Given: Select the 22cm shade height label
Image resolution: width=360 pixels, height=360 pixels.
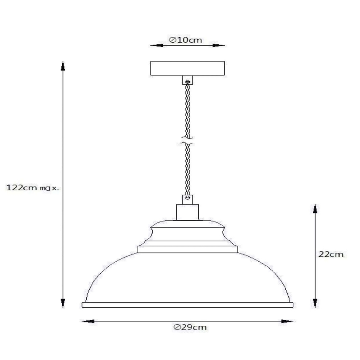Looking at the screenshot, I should (x=331, y=254).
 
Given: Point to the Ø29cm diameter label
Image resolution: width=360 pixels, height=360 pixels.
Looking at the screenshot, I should (x=190, y=327).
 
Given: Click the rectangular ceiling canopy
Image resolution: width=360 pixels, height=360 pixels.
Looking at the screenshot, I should (x=187, y=68).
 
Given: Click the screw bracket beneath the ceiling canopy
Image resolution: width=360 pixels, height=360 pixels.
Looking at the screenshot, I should (x=187, y=80).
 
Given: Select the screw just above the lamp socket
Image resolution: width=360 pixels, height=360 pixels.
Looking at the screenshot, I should (x=188, y=198).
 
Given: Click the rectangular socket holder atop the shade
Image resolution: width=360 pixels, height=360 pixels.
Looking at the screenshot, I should (x=187, y=212).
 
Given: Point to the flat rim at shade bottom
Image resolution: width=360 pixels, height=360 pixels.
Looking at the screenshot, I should (x=187, y=305).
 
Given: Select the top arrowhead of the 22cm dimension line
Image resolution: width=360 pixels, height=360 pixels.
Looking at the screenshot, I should (x=315, y=209).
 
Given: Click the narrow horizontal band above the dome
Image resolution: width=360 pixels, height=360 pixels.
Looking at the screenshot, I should (x=187, y=249).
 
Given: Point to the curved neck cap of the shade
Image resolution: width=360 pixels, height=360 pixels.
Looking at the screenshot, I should (x=187, y=232).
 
